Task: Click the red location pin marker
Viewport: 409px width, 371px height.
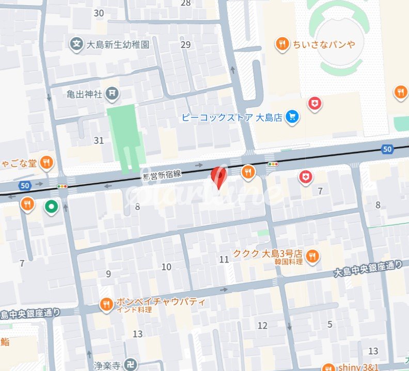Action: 219,178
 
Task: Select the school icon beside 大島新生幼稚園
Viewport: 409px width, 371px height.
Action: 76,44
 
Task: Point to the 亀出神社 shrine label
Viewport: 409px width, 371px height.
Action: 85,94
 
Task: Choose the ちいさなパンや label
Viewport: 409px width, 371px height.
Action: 324,44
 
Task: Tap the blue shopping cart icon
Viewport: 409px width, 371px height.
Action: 293,117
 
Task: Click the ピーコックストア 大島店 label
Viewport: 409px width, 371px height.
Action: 232,117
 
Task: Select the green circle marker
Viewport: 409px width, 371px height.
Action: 51,207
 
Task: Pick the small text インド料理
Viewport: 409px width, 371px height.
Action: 134,310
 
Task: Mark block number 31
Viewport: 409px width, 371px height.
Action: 99,140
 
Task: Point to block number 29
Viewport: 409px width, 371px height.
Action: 186,44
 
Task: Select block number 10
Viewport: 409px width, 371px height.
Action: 166,267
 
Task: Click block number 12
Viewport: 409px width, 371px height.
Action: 263,326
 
